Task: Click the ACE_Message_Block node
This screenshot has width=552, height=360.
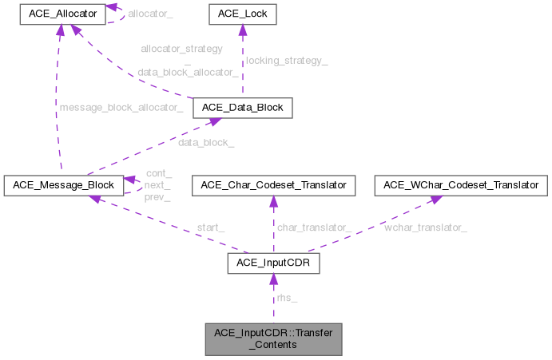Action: (x=62, y=185)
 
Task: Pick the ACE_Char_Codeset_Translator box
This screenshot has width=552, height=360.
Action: (x=273, y=185)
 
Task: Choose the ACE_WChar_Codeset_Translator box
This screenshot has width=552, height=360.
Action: (x=463, y=185)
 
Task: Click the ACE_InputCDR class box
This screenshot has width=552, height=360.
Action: (x=273, y=263)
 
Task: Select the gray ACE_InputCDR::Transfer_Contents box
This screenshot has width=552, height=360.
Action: (x=273, y=338)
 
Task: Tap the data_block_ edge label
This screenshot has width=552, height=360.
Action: (x=206, y=144)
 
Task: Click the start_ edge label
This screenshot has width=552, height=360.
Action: (x=210, y=227)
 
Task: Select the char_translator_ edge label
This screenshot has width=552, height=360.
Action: (x=314, y=227)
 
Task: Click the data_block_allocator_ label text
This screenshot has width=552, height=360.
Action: (x=187, y=71)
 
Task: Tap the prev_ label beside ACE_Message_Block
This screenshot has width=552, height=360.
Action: (x=158, y=197)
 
